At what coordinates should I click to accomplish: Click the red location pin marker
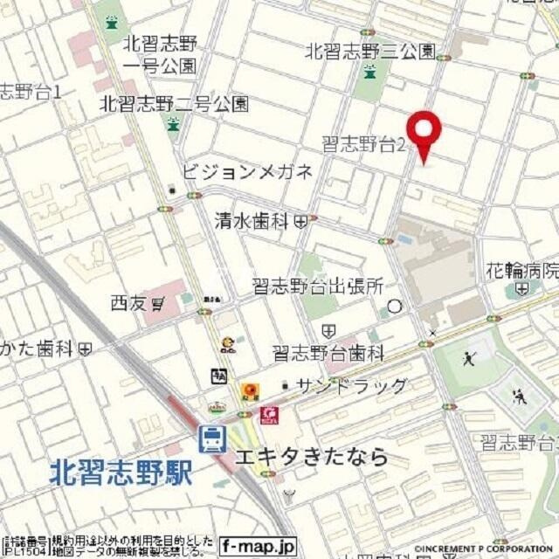pyautogui.click(x=425, y=132)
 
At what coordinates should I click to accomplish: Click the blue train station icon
pyautogui.click(x=212, y=438)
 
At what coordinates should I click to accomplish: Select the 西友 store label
pyautogui.click(x=127, y=304)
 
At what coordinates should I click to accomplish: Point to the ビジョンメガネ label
pyautogui.click(x=247, y=172)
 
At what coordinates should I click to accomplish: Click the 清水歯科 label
pyautogui.click(x=252, y=221)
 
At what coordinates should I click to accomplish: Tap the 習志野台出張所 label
pyautogui.click(x=318, y=286)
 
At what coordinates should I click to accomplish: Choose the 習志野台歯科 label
pyautogui.click(x=328, y=353)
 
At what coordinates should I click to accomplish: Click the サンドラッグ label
pyautogui.click(x=351, y=386)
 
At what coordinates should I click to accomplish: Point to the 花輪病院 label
pyautogui.click(x=522, y=270)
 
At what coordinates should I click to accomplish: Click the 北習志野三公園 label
pyautogui.click(x=370, y=52)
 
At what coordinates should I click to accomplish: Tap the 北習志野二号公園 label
pyautogui.click(x=174, y=103)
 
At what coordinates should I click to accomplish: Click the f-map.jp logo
pyautogui.click(x=258, y=545)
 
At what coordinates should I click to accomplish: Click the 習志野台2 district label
pyautogui.click(x=363, y=145)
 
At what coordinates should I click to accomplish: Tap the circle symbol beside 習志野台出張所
pyautogui.click(x=395, y=306)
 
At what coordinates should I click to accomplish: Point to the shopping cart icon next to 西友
pyautogui.click(x=158, y=304)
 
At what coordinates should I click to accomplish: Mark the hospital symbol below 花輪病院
pyautogui.click(x=522, y=287)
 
